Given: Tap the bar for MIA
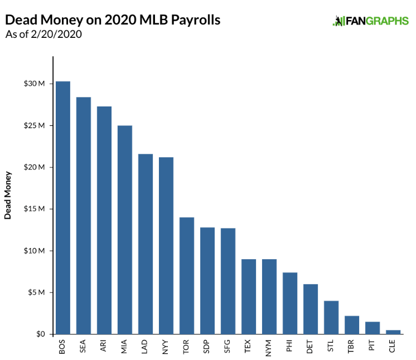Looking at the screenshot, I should point(125,230).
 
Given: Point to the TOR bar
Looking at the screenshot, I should point(187,276).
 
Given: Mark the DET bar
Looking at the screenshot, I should point(311,309).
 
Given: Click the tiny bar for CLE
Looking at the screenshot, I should point(393,332).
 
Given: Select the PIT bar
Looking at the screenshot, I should point(373,328).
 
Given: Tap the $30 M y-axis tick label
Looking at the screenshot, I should point(37,84).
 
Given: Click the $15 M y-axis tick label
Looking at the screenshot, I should point(37,209).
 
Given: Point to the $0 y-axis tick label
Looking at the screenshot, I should point(41,334).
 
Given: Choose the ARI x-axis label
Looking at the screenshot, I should point(104,347).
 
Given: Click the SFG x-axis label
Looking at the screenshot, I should point(228,347).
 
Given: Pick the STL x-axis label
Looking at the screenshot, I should point(331,347).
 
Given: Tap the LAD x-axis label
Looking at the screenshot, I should point(146,347).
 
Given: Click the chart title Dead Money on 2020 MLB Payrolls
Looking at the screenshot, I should point(113,20).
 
